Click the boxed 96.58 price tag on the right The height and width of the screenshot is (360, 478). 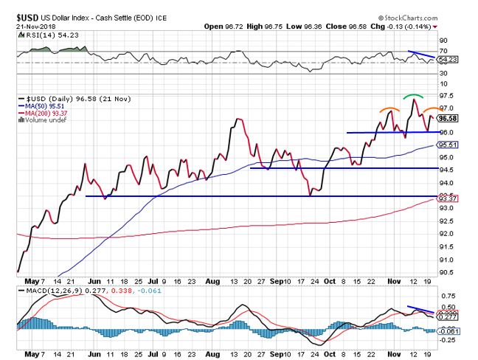tap(448, 117)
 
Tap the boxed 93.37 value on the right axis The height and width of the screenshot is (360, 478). tap(448, 198)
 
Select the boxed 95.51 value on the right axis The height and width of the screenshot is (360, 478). tap(448, 145)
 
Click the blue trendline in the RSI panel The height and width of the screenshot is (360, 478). tap(422, 55)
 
